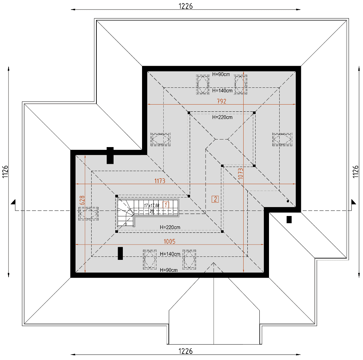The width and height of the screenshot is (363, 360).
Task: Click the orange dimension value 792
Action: point(221,101)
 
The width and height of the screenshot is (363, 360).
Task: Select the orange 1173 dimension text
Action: point(160,181)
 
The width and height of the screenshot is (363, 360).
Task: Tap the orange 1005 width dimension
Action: point(169,241)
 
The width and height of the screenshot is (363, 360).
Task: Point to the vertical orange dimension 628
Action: point(82,201)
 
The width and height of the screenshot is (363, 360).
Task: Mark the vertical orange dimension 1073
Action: point(240,173)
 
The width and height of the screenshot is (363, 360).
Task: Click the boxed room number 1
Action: point(166,205)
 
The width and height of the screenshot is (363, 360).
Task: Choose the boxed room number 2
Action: point(215,199)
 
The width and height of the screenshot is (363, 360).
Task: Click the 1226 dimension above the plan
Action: point(186,6)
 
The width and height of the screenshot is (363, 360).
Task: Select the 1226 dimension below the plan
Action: point(186,351)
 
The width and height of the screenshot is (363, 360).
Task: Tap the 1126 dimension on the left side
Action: point(5,171)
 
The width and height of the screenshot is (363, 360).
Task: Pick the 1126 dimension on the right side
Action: point(358,171)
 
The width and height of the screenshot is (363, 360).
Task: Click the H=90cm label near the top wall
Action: point(221,74)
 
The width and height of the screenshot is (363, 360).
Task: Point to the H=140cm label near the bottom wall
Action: point(170,254)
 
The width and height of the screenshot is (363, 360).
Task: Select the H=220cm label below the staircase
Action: point(170,227)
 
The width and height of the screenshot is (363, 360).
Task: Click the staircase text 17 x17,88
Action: point(152,205)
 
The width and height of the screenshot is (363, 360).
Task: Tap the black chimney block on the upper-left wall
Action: point(110,155)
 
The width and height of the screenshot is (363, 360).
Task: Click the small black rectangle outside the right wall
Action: point(289,219)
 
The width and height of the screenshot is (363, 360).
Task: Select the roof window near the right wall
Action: point(282,139)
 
